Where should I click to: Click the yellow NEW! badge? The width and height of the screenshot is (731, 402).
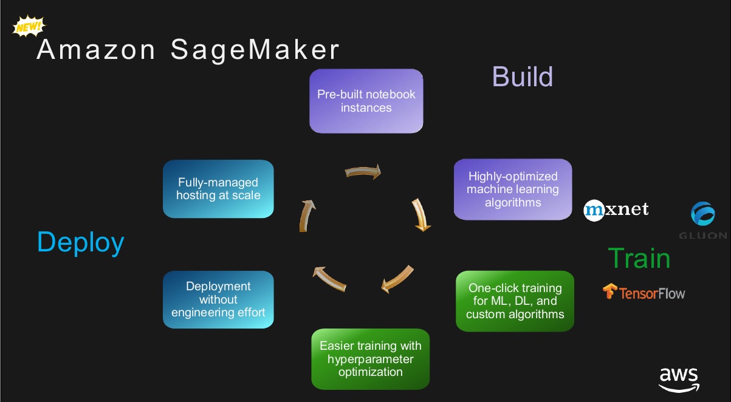(x=29, y=26)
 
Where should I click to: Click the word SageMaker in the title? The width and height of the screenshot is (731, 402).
(x=255, y=50)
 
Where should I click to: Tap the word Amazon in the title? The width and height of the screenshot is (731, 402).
(x=96, y=50)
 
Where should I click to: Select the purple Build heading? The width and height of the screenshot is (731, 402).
(x=522, y=77)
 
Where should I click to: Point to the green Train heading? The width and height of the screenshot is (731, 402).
(x=639, y=258)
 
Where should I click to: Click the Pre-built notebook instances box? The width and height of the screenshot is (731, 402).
(x=366, y=101)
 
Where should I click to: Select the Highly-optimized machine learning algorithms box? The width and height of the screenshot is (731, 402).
(x=513, y=189)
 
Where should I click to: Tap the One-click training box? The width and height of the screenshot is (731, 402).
(x=515, y=301)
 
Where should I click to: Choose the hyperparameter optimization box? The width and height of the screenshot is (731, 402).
(x=371, y=359)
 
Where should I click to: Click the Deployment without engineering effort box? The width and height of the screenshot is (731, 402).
(x=218, y=299)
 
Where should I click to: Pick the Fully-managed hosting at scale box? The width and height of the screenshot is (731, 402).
(x=218, y=189)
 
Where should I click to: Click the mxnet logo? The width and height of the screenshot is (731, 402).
(x=616, y=210)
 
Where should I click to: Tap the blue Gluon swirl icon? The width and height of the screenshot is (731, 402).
(x=703, y=214)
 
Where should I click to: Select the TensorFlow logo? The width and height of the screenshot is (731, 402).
(x=643, y=292)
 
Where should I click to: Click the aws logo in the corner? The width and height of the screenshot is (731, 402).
(x=679, y=380)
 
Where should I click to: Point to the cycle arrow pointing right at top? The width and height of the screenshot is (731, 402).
(x=363, y=171)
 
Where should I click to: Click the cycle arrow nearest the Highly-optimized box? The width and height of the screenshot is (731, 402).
(x=421, y=214)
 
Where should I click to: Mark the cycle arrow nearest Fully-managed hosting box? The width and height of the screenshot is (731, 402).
(x=306, y=216)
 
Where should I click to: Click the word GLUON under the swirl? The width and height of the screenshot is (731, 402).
(x=703, y=236)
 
